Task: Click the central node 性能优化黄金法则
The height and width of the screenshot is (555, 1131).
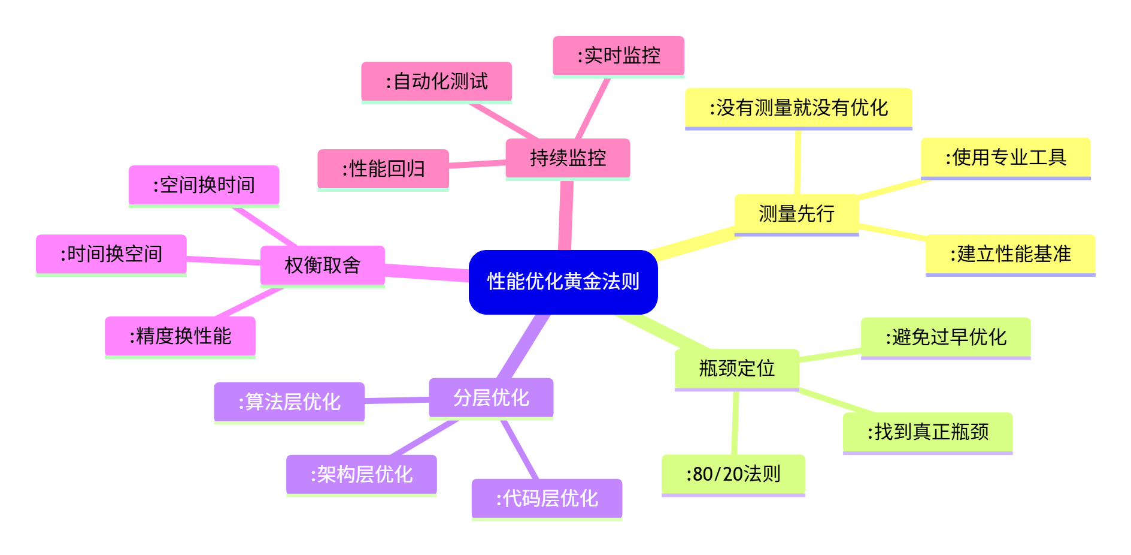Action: coord(563,282)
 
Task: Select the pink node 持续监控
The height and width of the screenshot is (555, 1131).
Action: coord(568,158)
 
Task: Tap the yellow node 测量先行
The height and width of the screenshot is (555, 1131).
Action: coord(796,214)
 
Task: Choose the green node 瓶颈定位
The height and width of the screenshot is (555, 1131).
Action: coord(736,368)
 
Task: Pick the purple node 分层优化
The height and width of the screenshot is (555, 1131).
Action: coord(491,397)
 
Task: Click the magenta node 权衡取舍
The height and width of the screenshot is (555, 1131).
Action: coord(322,265)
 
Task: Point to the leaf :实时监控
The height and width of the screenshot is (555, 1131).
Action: coord(618,56)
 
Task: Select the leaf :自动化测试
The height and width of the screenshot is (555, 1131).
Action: coord(436,82)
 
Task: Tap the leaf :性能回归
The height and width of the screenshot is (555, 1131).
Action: coord(383,169)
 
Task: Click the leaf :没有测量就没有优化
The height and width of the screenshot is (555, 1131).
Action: coord(798,108)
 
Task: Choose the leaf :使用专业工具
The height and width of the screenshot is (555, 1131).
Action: coord(1005,158)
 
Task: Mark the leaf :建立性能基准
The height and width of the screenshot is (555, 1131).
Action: coord(1010,254)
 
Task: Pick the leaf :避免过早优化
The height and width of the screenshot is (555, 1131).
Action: coord(945,337)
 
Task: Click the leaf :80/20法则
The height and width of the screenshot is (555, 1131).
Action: coord(733,474)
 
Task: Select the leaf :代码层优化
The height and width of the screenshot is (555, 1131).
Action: coord(547,498)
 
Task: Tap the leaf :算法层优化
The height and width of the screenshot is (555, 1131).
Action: coord(289,402)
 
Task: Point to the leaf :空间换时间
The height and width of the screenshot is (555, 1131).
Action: coord(204,185)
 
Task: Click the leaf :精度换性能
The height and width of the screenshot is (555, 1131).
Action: coord(180,336)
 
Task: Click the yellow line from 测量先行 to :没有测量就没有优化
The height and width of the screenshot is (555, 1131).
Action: coord(798,162)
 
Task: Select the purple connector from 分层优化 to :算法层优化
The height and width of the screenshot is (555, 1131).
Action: coord(396,400)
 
